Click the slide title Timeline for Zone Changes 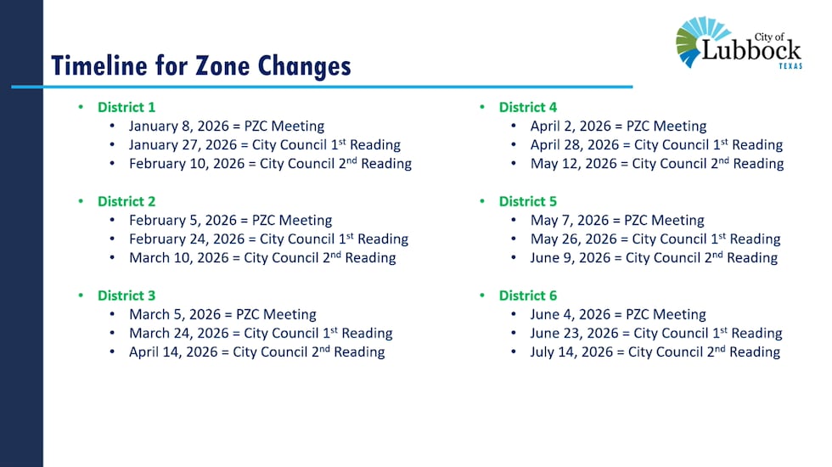(200, 65)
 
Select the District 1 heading (126, 107)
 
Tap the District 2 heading (126, 201)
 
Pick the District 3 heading (126, 295)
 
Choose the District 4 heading (528, 107)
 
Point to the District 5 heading (528, 201)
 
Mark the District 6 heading (528, 295)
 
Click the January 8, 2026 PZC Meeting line (227, 126)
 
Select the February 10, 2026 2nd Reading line (270, 163)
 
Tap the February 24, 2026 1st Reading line (268, 239)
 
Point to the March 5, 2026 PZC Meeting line (222, 314)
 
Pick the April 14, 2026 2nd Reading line (256, 352)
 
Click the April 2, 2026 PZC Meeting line (618, 126)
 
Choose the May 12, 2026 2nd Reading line (657, 163)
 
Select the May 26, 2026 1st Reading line (655, 239)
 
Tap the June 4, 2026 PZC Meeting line (618, 314)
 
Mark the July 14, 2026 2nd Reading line (655, 352)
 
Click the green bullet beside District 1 (82, 107)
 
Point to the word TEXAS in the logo (790, 66)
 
